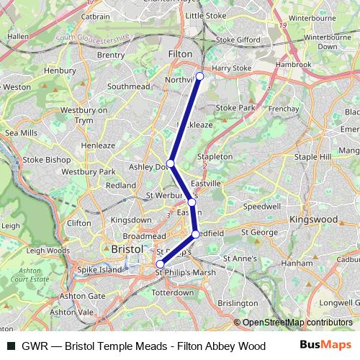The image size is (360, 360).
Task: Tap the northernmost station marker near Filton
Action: tap(199, 76)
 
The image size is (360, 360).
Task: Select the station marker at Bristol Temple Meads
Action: tap(161, 264)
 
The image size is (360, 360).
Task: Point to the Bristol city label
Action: tap(127, 248)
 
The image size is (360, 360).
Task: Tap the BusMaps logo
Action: tap(324, 346)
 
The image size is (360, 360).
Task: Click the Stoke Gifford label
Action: tap(236, 40)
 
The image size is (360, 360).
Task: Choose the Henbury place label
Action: tap(60, 71)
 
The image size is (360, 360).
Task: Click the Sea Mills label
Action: tap(21, 133)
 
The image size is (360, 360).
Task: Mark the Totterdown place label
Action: tap(174, 294)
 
